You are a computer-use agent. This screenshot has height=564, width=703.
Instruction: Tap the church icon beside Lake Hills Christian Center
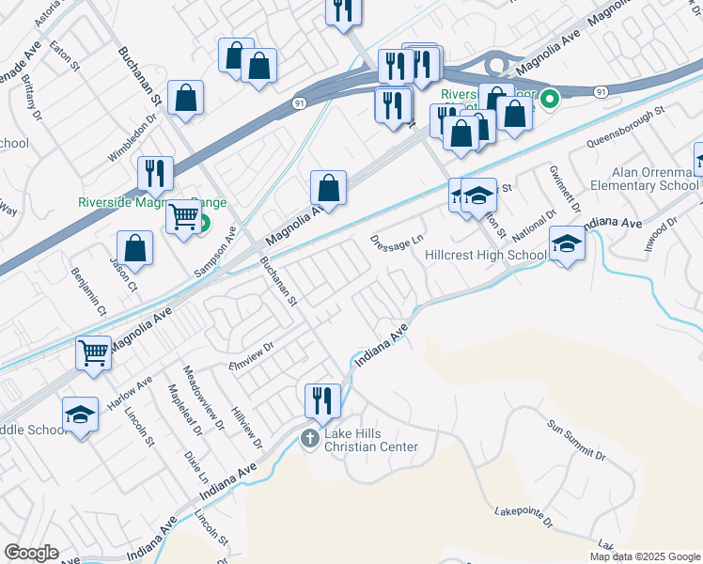[x=310, y=438]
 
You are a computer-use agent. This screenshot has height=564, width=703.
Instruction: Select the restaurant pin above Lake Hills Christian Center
[x=322, y=401]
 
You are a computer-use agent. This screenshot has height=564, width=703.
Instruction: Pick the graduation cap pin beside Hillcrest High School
[x=567, y=244]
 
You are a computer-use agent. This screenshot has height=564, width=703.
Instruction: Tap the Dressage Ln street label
[x=397, y=242]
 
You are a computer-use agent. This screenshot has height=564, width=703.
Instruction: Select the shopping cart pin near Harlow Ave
[x=94, y=354]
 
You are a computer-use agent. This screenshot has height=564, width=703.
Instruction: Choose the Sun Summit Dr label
[x=577, y=440]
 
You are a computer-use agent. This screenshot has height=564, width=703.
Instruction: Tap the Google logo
[x=31, y=553]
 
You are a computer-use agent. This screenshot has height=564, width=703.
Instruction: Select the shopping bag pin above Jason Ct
[x=136, y=249]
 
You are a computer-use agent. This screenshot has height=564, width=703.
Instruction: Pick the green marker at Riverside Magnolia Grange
[x=202, y=225]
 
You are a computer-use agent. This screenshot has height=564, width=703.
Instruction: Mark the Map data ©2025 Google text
[x=645, y=556]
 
